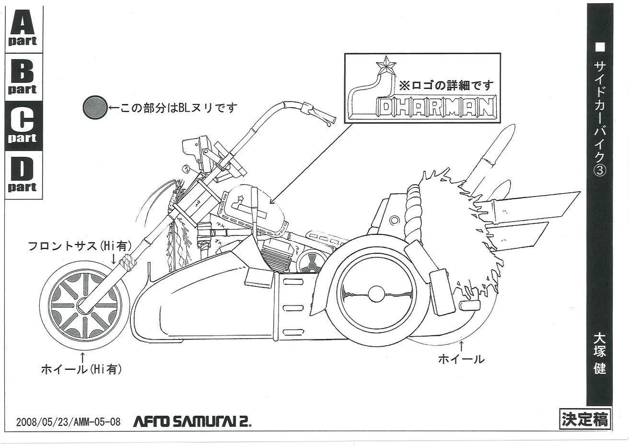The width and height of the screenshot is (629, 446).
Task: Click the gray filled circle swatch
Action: pyautogui.click(x=94, y=108)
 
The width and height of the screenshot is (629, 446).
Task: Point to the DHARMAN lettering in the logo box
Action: pyautogui.click(x=435, y=109)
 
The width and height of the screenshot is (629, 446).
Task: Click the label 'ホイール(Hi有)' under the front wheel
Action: pyautogui.click(x=82, y=369)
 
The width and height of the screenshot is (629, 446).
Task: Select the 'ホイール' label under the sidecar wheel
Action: pyautogui.click(x=461, y=359)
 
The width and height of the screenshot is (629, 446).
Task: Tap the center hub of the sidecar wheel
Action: pyautogui.click(x=376, y=293)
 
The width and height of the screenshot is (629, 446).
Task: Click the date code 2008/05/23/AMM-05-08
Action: pyautogui.click(x=68, y=422)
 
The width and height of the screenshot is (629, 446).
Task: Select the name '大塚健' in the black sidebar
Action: pyautogui.click(x=599, y=353)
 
